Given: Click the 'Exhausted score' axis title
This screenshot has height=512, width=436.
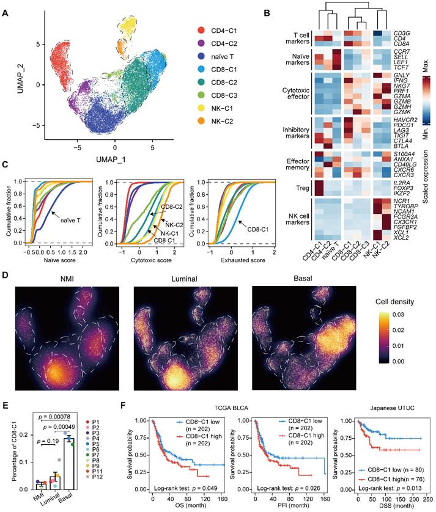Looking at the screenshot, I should (x=234, y=260).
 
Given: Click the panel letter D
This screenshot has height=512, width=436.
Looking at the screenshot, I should (x=6, y=276).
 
